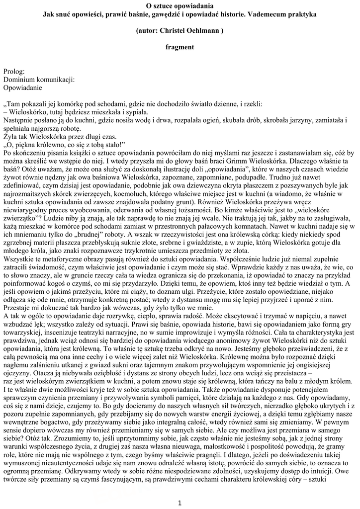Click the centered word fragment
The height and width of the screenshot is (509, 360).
pos(180,47)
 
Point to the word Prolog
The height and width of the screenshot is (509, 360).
pos(13,72)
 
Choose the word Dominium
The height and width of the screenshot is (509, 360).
pos(20,79)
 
